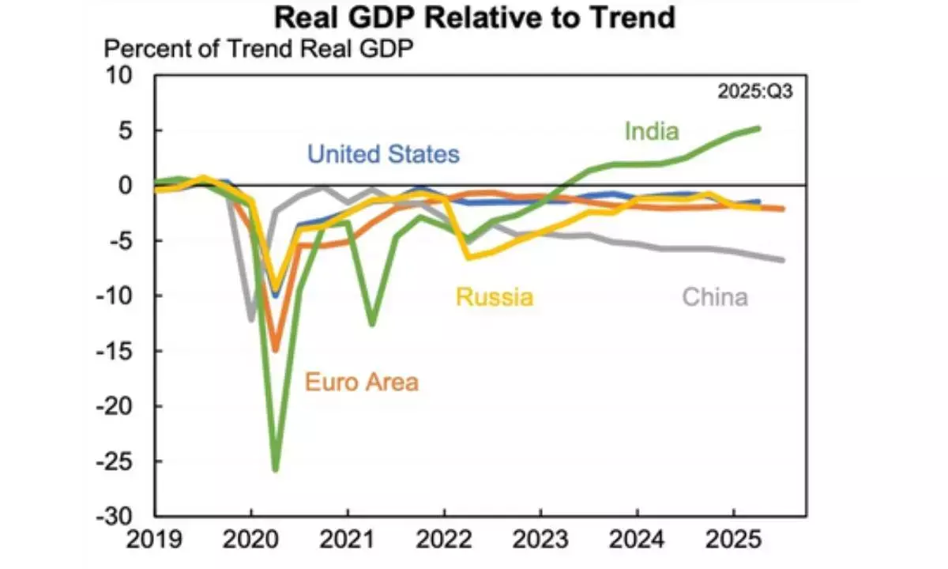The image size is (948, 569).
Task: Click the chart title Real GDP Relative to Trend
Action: pos(474,17)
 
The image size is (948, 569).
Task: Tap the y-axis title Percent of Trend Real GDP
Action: pos(260,49)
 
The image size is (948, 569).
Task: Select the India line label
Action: pos(651,130)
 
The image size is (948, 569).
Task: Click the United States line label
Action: pos(382,153)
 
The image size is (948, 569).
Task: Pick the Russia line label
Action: pos(494,297)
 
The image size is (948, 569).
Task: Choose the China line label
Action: pos(714,297)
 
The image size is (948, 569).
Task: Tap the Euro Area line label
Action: pos(361,383)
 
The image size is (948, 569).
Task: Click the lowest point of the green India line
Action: pos(276,470)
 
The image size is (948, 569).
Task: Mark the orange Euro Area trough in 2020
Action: pos(276,350)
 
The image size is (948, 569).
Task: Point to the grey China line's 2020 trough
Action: pos(252,319)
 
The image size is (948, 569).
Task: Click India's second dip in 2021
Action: pos(371,324)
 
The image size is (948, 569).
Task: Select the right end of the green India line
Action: pos(759,128)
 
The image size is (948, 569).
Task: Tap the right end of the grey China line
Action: pos(783,260)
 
